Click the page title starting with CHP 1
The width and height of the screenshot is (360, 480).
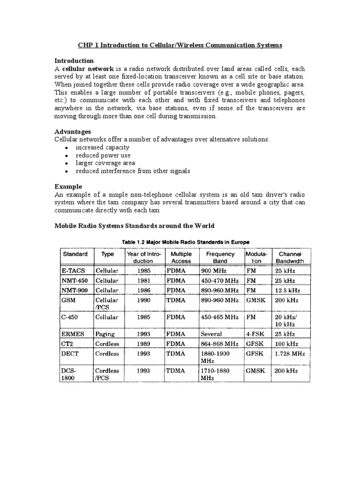point(180,45)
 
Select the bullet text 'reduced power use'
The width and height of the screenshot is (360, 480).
point(103,155)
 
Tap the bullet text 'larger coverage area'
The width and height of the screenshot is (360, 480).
point(105,163)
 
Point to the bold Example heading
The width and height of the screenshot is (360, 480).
point(69,186)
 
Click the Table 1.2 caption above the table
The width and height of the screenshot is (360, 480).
point(186,241)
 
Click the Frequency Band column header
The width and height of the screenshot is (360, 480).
point(220,257)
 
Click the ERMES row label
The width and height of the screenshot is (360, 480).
point(73,334)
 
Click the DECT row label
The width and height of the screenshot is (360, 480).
point(70,354)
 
